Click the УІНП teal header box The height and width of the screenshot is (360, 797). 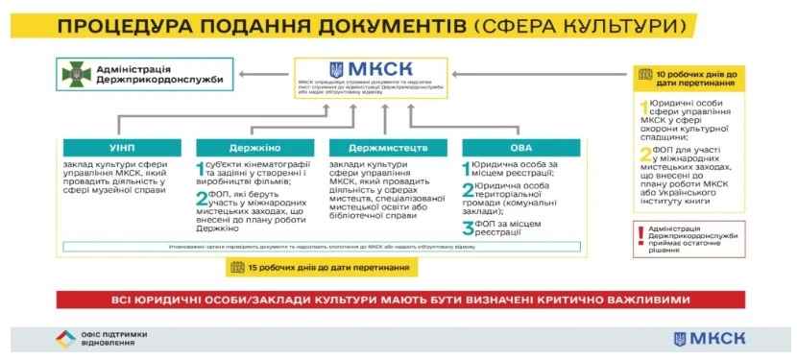[x=121, y=148]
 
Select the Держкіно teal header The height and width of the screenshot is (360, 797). [x=254, y=148]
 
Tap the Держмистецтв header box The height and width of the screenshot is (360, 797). [x=387, y=148]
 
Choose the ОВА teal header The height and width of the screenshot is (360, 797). [x=520, y=148]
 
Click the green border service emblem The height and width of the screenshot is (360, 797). [x=75, y=74]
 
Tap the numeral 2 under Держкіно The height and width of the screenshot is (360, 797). [x=203, y=200]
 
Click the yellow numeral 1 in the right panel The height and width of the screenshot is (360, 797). [x=645, y=106]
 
